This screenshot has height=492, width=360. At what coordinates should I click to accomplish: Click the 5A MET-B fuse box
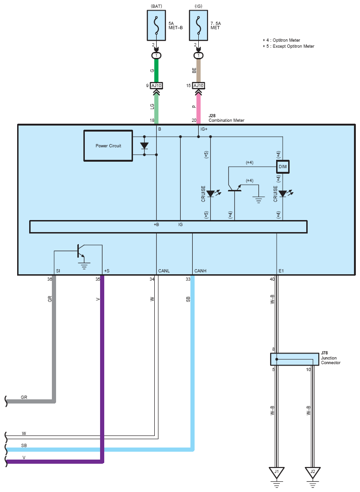[x=156, y=25]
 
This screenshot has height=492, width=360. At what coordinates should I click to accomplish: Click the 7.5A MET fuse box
[x=198, y=25]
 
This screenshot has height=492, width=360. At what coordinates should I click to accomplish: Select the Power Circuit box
[x=108, y=146]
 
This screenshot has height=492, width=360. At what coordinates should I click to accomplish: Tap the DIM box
[x=283, y=167]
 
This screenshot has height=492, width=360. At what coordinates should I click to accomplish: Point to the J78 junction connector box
[x=295, y=359]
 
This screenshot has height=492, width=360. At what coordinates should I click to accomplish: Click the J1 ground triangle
[x=277, y=472]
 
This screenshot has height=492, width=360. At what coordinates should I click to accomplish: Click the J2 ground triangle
[x=313, y=472]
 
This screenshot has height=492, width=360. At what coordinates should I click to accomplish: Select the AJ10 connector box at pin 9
[x=156, y=86]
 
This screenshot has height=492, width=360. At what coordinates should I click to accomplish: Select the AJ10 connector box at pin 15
[x=198, y=86]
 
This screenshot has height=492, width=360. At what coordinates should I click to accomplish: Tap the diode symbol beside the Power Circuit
[x=145, y=146]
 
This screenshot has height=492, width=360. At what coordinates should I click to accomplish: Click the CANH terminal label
[x=200, y=271]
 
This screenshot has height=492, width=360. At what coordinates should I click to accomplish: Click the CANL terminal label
[x=164, y=271]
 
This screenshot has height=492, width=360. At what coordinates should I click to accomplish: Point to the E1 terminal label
[x=281, y=271]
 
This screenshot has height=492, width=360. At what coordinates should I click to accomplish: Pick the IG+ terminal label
[x=204, y=129]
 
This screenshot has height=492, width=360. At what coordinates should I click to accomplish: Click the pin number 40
[x=272, y=279]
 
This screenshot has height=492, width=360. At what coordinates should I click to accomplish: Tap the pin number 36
[x=50, y=279]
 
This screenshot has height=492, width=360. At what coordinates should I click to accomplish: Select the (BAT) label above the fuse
[x=157, y=6]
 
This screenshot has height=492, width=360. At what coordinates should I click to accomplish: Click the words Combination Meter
[x=226, y=120]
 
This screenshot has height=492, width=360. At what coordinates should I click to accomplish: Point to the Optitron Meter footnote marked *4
[x=282, y=40]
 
